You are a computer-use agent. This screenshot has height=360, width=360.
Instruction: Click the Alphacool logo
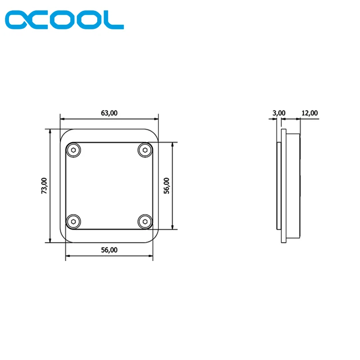click(x=64, y=19)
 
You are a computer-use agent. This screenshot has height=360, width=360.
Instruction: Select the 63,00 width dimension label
click(x=109, y=113)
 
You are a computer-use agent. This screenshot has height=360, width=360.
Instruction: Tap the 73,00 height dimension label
click(x=44, y=185)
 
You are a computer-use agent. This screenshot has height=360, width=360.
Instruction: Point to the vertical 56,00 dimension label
click(x=166, y=185)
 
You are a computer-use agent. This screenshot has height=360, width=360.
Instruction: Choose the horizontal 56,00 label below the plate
click(x=109, y=250)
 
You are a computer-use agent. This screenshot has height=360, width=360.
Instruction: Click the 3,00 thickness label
click(x=279, y=113)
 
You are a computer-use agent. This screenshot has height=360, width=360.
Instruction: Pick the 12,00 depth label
click(x=310, y=113)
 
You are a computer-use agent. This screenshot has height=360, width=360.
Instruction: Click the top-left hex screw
click(x=73, y=150)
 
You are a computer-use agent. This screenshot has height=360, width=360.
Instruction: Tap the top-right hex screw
click(x=145, y=150)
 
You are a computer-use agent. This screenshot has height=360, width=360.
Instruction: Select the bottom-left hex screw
click(x=73, y=221)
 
